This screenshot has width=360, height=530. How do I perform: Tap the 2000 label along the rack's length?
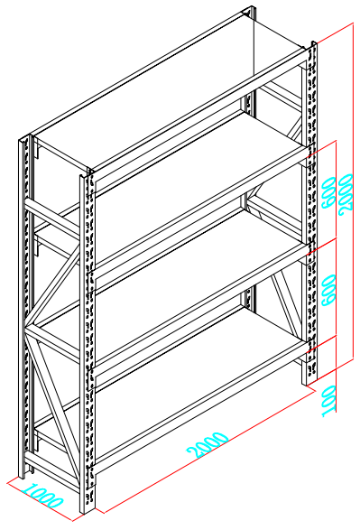pyautogui.click(x=208, y=445)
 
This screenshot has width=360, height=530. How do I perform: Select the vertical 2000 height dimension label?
pyautogui.click(x=346, y=194)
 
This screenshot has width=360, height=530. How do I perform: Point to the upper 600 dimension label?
pyautogui.click(x=328, y=193)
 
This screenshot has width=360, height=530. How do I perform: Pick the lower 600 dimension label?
pyautogui.click(x=328, y=291)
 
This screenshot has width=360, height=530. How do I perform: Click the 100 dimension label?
pyautogui.click(x=329, y=401)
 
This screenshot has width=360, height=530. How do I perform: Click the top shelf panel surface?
pyautogui.click(x=169, y=91)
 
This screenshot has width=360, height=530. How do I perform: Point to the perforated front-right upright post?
pyautogui.click(x=309, y=213)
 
